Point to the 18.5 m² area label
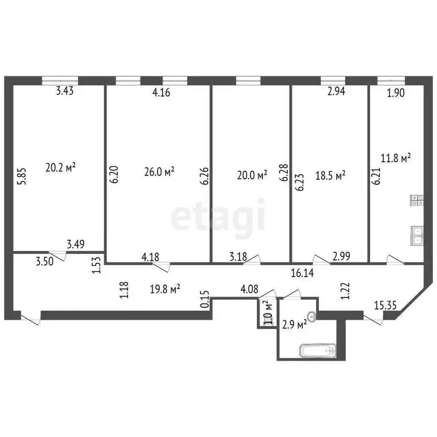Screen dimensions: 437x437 coord(331,176)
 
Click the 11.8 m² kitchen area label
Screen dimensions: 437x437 coord(396,158)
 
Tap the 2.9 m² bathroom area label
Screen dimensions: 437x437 coord(294,324)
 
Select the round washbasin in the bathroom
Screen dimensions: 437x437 coord(311,316)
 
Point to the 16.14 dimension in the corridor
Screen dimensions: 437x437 coord(303,273)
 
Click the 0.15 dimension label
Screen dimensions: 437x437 coord(205,300)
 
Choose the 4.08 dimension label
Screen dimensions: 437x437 coord(249,290)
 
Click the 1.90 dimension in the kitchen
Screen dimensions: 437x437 coord(395,93)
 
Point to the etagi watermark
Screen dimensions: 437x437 coord(218,216)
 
